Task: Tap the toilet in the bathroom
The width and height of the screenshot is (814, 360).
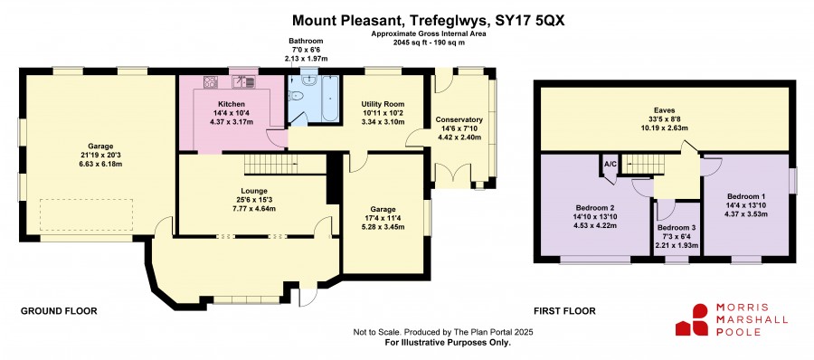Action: click(296, 96)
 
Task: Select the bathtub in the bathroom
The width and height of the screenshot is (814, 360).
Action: click(330, 99)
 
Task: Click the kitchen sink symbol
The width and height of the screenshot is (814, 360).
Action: click(243, 81)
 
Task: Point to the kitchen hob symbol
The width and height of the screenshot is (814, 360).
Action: click(210, 81)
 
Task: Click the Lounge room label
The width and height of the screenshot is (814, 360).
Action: click(254, 190)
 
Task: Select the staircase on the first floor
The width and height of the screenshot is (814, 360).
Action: click(644, 164)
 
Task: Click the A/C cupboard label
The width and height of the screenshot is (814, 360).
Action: click(610, 164)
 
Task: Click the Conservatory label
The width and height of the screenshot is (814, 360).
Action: click(459, 119)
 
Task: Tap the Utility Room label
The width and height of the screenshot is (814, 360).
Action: click(383, 104)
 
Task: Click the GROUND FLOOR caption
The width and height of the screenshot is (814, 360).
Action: click(59, 311)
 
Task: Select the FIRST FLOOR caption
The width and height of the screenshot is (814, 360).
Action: click(564, 311)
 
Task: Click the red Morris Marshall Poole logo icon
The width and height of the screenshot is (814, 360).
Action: click(692, 319)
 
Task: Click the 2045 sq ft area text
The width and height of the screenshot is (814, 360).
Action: click(413, 43)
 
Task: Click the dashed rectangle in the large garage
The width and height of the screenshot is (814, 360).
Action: click(87, 214)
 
